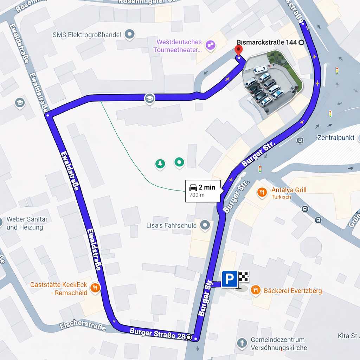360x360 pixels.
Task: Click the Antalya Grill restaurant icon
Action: (262, 192)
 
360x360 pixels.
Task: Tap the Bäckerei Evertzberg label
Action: (288, 291)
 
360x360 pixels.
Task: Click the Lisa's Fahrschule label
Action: (171, 225)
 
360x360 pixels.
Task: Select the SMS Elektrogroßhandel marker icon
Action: (130, 34)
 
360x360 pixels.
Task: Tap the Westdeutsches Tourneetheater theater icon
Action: (211, 45)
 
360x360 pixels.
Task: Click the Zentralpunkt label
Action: (336, 137)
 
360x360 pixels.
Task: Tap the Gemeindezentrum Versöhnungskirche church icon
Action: (242, 343)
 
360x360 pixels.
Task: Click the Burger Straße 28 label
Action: (157, 333)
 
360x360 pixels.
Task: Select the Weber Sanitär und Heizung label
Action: (27, 223)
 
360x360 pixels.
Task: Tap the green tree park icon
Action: (160, 163)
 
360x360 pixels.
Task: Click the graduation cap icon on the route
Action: (150, 98)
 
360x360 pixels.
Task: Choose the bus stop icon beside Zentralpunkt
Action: (300, 141)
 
